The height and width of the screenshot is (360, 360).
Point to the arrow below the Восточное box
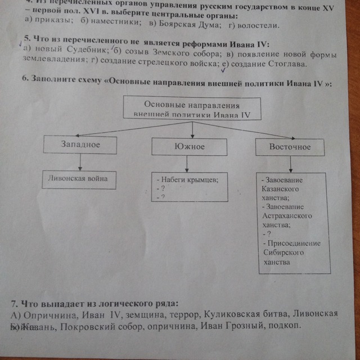click(x=290, y=164)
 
